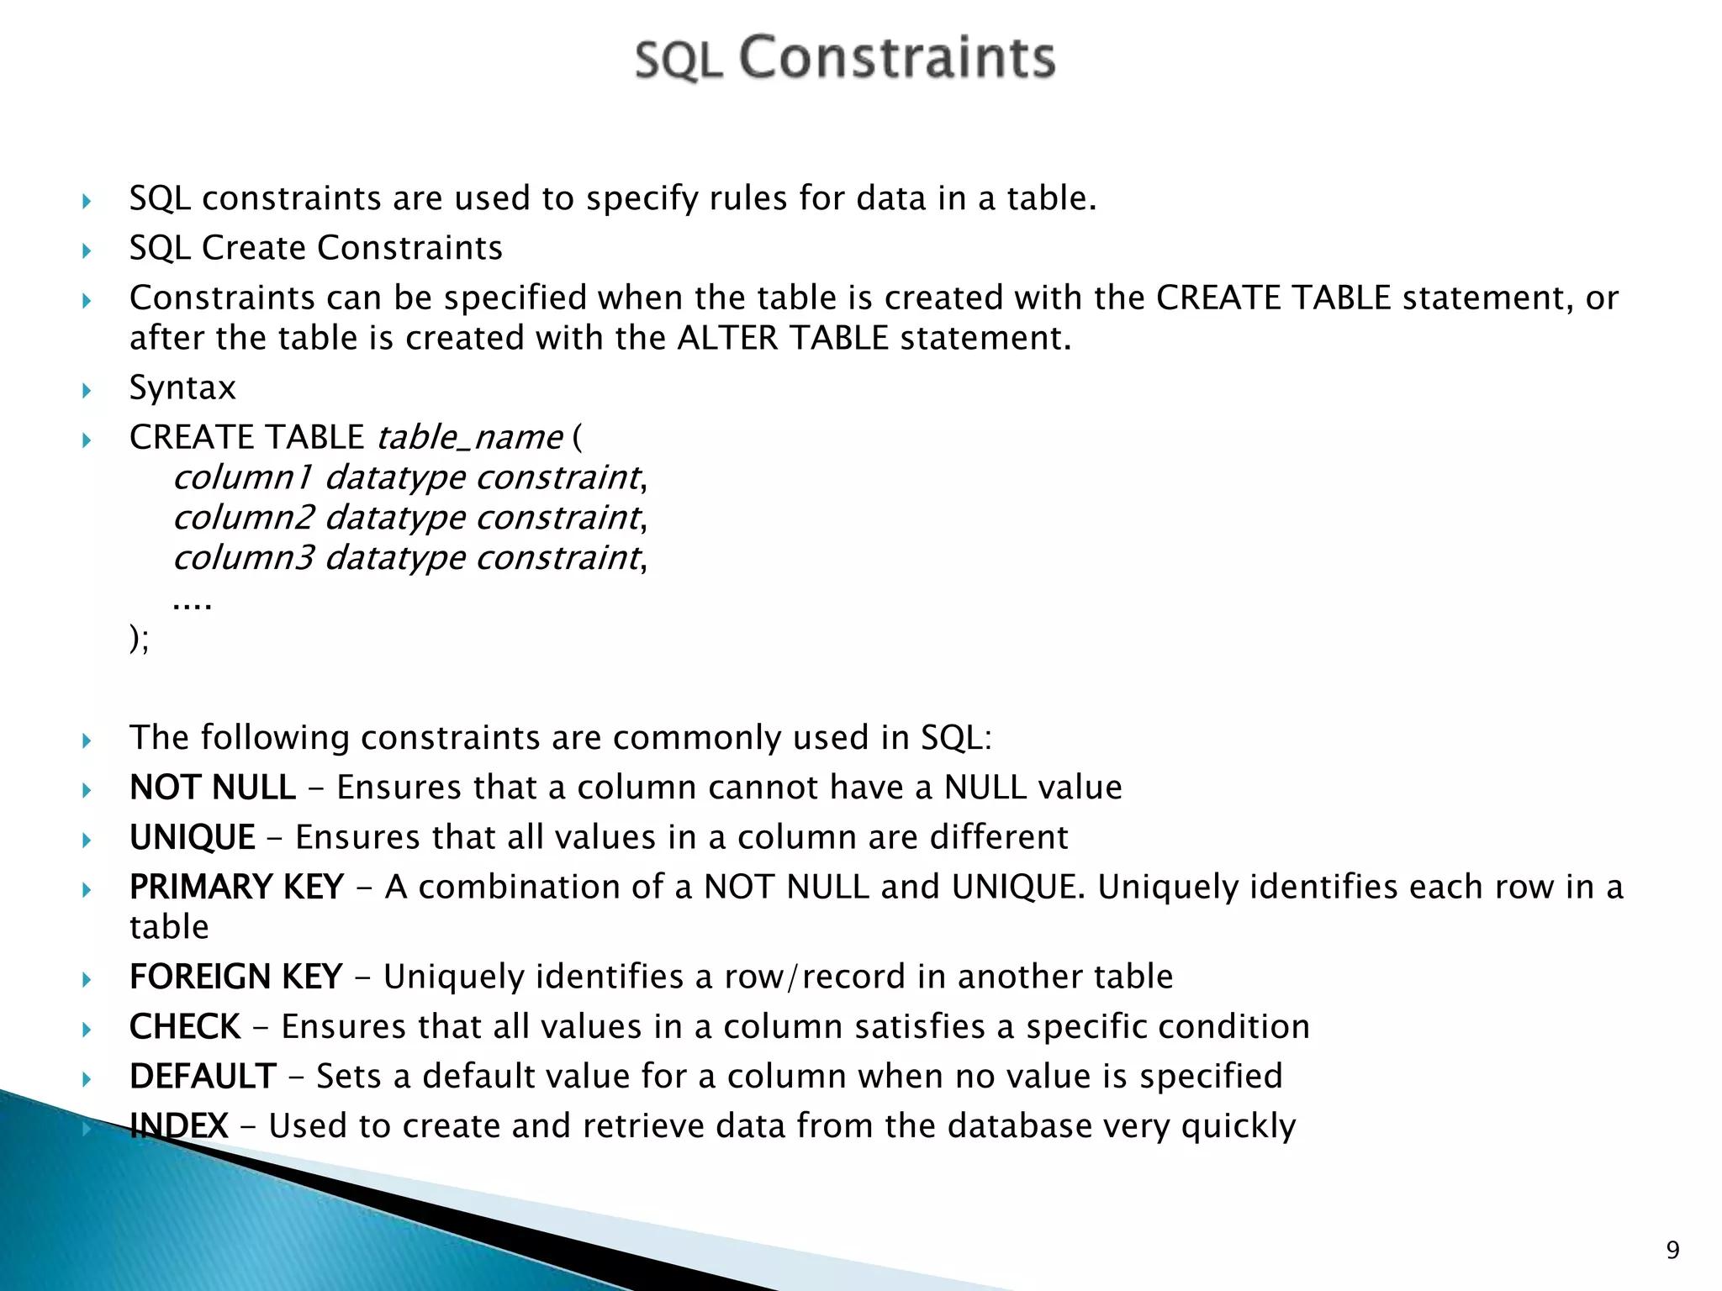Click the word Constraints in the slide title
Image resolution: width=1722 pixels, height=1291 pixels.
click(x=896, y=58)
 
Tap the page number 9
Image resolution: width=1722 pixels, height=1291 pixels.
click(x=1672, y=1250)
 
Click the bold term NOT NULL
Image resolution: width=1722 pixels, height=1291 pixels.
click(x=212, y=788)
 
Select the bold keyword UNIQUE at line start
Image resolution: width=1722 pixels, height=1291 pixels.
click(x=192, y=837)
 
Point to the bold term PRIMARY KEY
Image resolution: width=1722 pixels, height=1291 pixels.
click(x=236, y=887)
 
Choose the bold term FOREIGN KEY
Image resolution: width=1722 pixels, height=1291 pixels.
click(x=235, y=977)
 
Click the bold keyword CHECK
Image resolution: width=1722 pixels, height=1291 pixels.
click(x=185, y=1026)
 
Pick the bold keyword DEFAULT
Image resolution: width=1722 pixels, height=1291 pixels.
click(x=203, y=1076)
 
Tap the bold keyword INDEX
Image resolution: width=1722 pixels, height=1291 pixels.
click(x=178, y=1125)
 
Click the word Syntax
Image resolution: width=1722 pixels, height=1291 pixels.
click(x=182, y=387)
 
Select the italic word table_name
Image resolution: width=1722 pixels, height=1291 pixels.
click(x=469, y=437)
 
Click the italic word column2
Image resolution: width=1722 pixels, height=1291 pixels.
click(x=243, y=518)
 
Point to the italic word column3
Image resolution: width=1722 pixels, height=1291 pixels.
click(x=243, y=558)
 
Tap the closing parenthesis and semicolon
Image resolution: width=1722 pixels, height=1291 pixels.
click(x=139, y=639)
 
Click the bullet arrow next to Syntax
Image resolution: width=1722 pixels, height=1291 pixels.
click(x=87, y=390)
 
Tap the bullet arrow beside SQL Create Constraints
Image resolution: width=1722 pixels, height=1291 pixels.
click(x=87, y=250)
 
